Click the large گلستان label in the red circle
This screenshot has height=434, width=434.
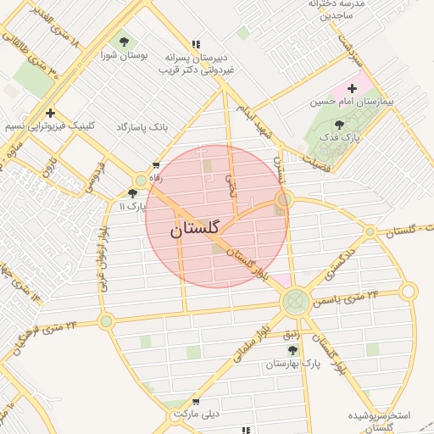tap(194, 229)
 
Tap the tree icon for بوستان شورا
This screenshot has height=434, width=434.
tap(125, 40)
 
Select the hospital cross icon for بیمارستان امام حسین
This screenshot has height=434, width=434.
tap(352, 88)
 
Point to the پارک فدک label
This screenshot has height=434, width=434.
tap(345, 136)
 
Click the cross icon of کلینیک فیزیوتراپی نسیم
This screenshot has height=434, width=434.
tap(51, 112)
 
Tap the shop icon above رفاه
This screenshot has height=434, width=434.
tap(155, 165)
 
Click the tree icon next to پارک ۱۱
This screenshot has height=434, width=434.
tap(132, 193)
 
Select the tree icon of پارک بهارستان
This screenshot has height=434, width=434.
tap(292, 349)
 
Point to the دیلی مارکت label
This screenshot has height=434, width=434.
tap(196, 415)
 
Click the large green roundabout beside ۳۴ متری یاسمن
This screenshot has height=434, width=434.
tap(295, 300)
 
